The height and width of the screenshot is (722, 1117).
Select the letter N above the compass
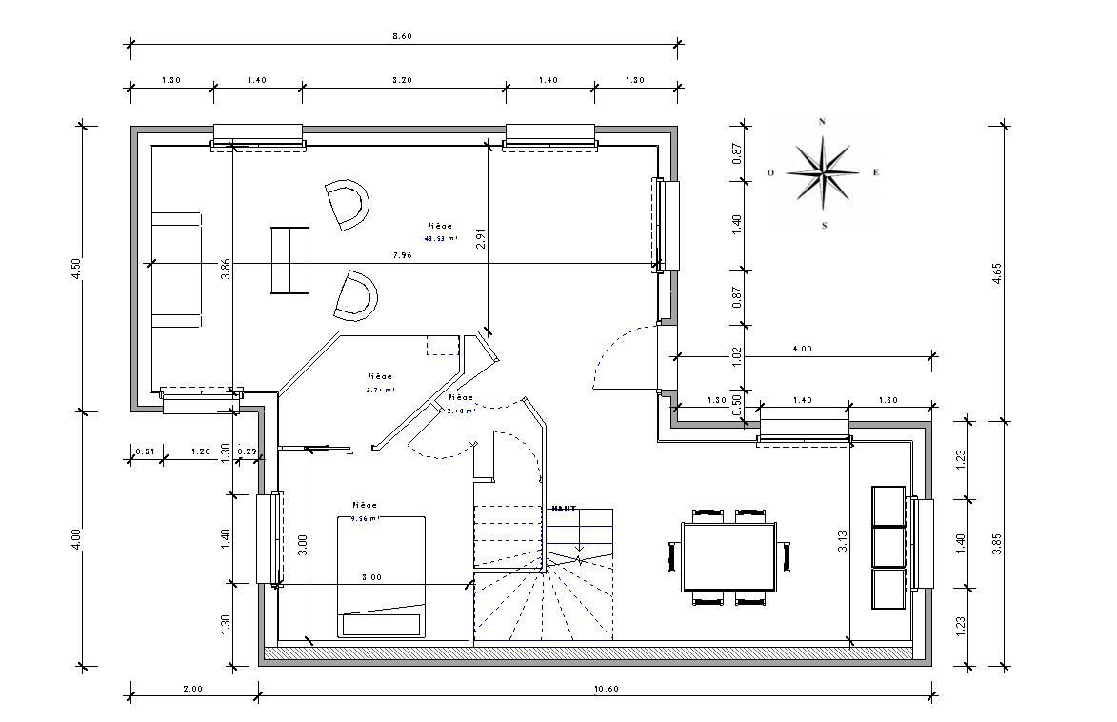[x=822, y=122]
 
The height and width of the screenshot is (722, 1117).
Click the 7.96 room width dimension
[x=402, y=255]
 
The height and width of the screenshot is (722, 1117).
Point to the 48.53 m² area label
[x=440, y=239]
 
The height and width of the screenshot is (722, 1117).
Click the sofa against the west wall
[x=175, y=271]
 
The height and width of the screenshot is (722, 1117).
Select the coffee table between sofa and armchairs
[x=290, y=260]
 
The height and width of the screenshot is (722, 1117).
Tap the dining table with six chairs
[x=729, y=556]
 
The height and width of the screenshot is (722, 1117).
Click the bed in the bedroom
[x=381, y=575]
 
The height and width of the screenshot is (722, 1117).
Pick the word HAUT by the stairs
[x=564, y=509]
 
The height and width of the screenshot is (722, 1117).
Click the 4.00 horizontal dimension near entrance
[x=802, y=350]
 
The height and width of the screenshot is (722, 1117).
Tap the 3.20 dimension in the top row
[x=402, y=81]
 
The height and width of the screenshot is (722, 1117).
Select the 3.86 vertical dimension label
[x=226, y=270]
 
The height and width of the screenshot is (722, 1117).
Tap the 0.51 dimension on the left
[x=145, y=451]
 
